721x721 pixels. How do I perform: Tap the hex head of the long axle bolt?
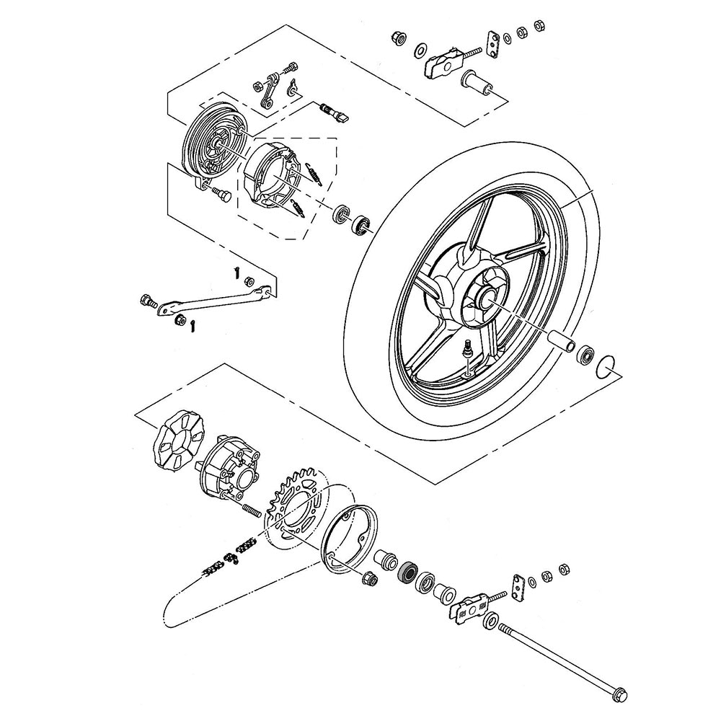tap(618, 694)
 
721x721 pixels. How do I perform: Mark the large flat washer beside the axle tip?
tap(492, 619)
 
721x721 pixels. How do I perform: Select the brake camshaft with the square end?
tap(333, 111)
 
